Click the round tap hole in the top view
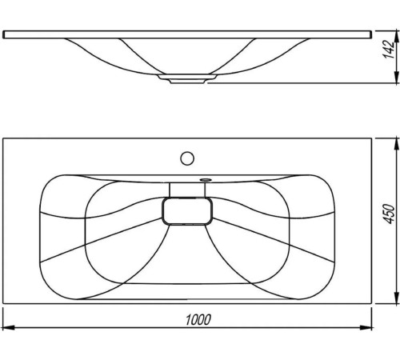[187, 157]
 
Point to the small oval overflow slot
[205, 180]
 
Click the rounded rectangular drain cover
[189, 212]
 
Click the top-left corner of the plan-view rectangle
[3, 138]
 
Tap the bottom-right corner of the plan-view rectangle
[374, 304]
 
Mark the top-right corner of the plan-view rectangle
[374, 138]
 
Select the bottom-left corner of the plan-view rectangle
[3, 304]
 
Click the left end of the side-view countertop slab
[4, 34]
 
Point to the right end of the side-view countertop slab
[373, 34]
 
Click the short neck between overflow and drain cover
[189, 190]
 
